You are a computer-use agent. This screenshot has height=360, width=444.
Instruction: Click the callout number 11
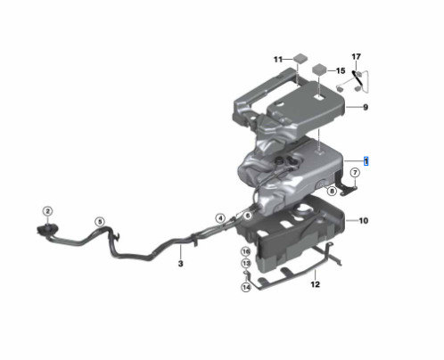pyautogui.click(x=277, y=59)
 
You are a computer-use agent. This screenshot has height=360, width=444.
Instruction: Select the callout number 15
pyautogui.click(x=340, y=70)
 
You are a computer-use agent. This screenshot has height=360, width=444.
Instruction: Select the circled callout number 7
pyautogui.click(x=354, y=173)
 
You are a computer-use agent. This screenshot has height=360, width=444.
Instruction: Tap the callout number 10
pyautogui.click(x=363, y=219)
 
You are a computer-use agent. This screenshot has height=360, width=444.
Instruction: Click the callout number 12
pyautogui.click(x=314, y=285)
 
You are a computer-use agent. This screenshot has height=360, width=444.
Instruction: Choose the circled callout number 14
pyautogui.click(x=245, y=287)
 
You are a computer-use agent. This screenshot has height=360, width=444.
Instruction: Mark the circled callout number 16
pyautogui.click(x=245, y=252)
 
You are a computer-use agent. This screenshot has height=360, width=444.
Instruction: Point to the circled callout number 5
pyautogui.click(x=100, y=222)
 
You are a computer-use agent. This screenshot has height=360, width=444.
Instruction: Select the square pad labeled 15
pyautogui.click(x=318, y=69)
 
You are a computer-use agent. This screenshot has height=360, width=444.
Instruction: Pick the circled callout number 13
pyautogui.click(x=245, y=265)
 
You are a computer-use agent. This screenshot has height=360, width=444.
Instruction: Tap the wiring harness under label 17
pyautogui.click(x=355, y=79)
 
